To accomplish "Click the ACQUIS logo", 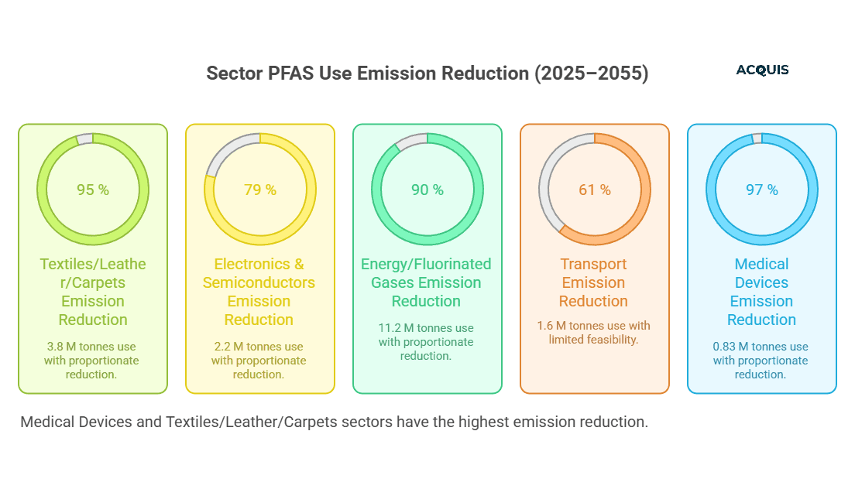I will click(762, 70).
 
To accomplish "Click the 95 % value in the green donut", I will click(93, 190).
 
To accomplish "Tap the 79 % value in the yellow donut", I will click(259, 190).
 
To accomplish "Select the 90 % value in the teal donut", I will click(427, 190).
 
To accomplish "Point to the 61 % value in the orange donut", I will click(594, 190).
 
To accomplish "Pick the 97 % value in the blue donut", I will click(761, 190).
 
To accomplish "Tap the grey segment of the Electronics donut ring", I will click(225, 155).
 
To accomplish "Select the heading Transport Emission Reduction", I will click(594, 282).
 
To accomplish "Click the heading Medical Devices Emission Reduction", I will click(761, 292).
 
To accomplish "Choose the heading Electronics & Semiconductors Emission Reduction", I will click(259, 292).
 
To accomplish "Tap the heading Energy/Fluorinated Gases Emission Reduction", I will click(427, 282).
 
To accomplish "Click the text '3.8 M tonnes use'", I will click(93, 347).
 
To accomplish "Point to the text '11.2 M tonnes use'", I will click(427, 328).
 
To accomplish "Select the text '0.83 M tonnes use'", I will click(761, 347).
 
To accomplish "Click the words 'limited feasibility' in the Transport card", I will click(594, 340).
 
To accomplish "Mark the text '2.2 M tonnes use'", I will click(259, 347).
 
